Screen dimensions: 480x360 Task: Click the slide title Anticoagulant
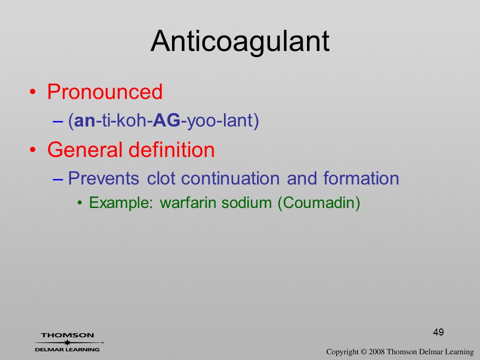[240, 42]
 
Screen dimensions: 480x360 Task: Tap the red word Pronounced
[104, 91]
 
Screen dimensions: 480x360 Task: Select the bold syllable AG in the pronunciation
[167, 120]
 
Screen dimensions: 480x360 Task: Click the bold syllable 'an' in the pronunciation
[85, 120]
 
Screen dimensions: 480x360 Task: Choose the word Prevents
[103, 178]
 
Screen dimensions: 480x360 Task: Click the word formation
[361, 178]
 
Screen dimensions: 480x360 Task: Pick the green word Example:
[121, 202]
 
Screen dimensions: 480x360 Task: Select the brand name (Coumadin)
[318, 203]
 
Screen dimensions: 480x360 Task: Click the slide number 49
[438, 332]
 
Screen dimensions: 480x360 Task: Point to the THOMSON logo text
[67, 335]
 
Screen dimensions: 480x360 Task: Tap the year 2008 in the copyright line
[376, 352]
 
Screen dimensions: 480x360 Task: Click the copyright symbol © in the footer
[363, 352]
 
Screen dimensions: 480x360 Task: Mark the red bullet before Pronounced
[33, 92]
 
